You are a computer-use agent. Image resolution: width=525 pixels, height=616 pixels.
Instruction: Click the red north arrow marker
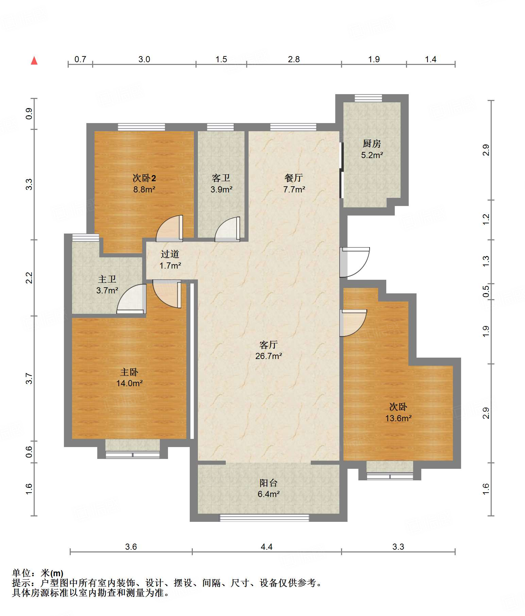[x=34, y=61]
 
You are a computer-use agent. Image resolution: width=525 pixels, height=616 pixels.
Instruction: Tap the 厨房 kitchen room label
[x=372, y=144]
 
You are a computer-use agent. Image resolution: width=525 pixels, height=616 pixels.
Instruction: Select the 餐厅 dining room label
[x=294, y=178]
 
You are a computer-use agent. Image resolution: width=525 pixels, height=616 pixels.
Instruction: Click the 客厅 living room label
[x=269, y=345]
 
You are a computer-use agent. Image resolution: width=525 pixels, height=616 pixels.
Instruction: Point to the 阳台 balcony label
[x=269, y=483]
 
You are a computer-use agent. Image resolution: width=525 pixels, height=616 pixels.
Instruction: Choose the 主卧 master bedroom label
[x=129, y=372]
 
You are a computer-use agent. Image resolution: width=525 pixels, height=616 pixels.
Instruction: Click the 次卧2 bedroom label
[x=144, y=178]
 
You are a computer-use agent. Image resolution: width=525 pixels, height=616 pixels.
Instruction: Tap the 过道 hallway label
[x=170, y=254]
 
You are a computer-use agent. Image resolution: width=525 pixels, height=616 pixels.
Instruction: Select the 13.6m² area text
[x=398, y=418]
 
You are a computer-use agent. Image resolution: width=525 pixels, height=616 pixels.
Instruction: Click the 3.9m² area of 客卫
[x=221, y=189]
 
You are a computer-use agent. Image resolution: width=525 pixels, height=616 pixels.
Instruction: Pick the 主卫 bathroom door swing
[x=131, y=299]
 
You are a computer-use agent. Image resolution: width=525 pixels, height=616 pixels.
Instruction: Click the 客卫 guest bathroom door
[x=227, y=229]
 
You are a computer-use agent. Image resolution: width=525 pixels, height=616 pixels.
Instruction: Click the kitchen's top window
[x=368, y=98]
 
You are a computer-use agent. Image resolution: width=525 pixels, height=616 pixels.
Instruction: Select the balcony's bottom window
[x=264, y=518]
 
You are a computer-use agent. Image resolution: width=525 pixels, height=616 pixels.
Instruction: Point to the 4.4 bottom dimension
[x=267, y=547]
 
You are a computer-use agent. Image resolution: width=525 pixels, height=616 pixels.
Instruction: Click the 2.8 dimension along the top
[x=294, y=59]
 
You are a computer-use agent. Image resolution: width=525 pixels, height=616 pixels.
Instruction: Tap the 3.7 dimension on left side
[x=29, y=378]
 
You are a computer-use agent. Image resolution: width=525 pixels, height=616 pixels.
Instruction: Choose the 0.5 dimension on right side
[x=486, y=291]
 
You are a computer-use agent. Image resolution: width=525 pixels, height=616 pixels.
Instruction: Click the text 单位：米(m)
[x=38, y=574]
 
